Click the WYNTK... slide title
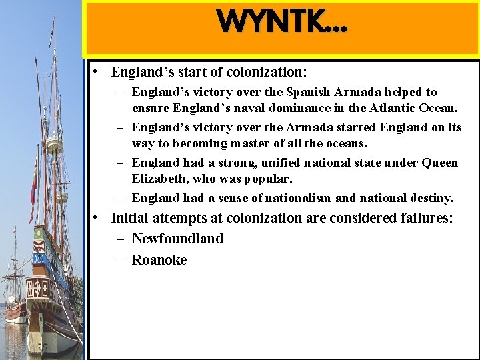coord(281,21)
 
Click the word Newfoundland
coord(177,239)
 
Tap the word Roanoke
coord(159,260)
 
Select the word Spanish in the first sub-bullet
coord(314,92)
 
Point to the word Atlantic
coord(387,107)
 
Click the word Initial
coord(131,218)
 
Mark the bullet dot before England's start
coord(97,71)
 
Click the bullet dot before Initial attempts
coord(97,218)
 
